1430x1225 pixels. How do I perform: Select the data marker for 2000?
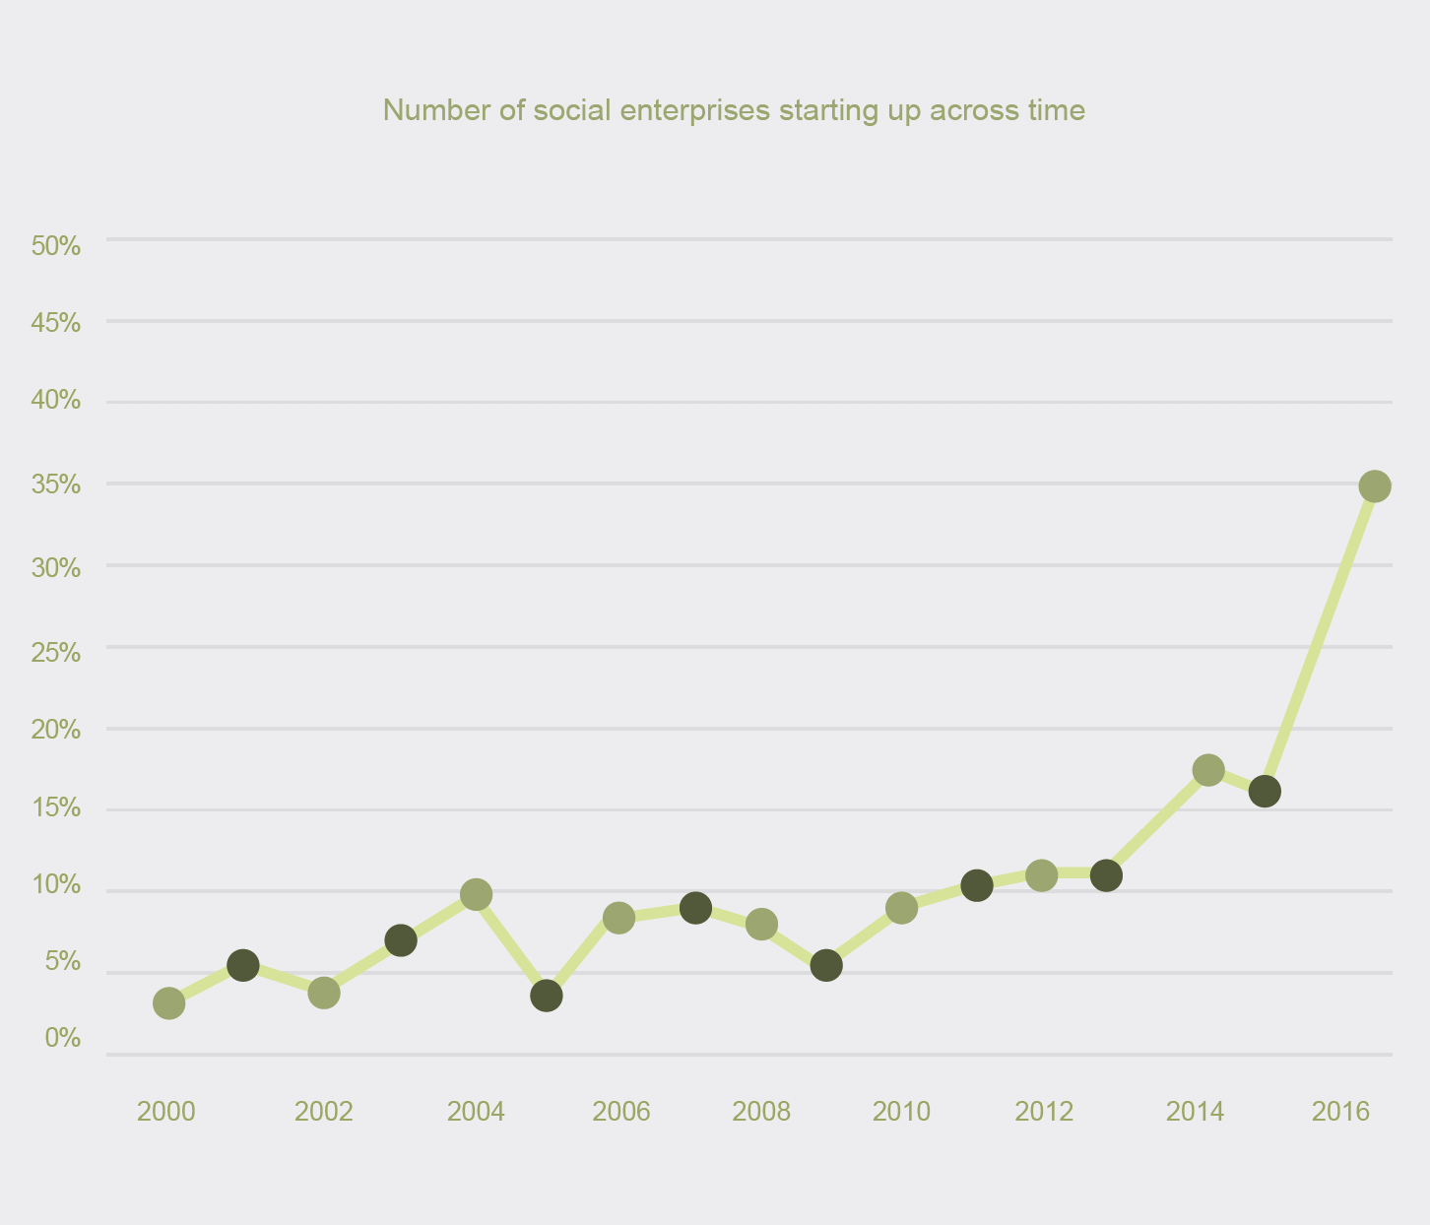point(168,1003)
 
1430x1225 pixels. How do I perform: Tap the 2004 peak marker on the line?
point(476,895)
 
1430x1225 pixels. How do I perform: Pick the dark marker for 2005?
point(547,996)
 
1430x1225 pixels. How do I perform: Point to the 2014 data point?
point(1208,770)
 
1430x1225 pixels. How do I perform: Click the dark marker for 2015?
point(1265,791)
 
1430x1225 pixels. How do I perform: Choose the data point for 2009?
point(826,965)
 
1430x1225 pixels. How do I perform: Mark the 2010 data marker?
point(901,908)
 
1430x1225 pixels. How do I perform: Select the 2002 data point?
point(324,993)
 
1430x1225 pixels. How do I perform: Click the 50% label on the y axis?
point(56,246)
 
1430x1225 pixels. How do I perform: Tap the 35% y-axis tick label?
point(56,485)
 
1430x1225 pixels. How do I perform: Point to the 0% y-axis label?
point(63,1038)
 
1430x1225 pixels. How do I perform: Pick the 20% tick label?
point(56,730)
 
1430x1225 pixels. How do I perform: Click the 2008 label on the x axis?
point(761,1112)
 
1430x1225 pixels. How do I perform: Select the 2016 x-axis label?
point(1341,1112)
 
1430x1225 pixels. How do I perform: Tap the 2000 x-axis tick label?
point(166,1112)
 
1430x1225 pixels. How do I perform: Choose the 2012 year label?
point(1044,1112)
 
